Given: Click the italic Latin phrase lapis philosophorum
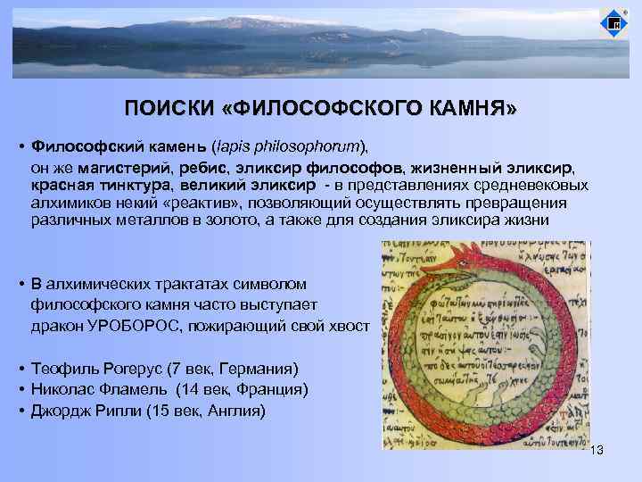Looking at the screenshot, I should (x=287, y=145).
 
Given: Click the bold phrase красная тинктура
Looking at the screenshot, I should (x=97, y=186).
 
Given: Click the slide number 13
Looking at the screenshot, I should (x=597, y=451).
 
